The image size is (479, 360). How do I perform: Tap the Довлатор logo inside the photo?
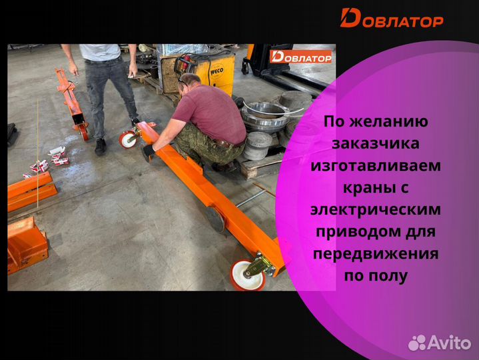[x=300, y=57]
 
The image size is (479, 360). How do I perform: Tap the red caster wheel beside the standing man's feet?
[x=127, y=139]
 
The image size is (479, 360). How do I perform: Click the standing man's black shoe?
[x=101, y=146]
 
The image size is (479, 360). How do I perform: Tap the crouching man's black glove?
[x=148, y=152]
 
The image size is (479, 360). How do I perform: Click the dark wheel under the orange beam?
[x=216, y=219]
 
